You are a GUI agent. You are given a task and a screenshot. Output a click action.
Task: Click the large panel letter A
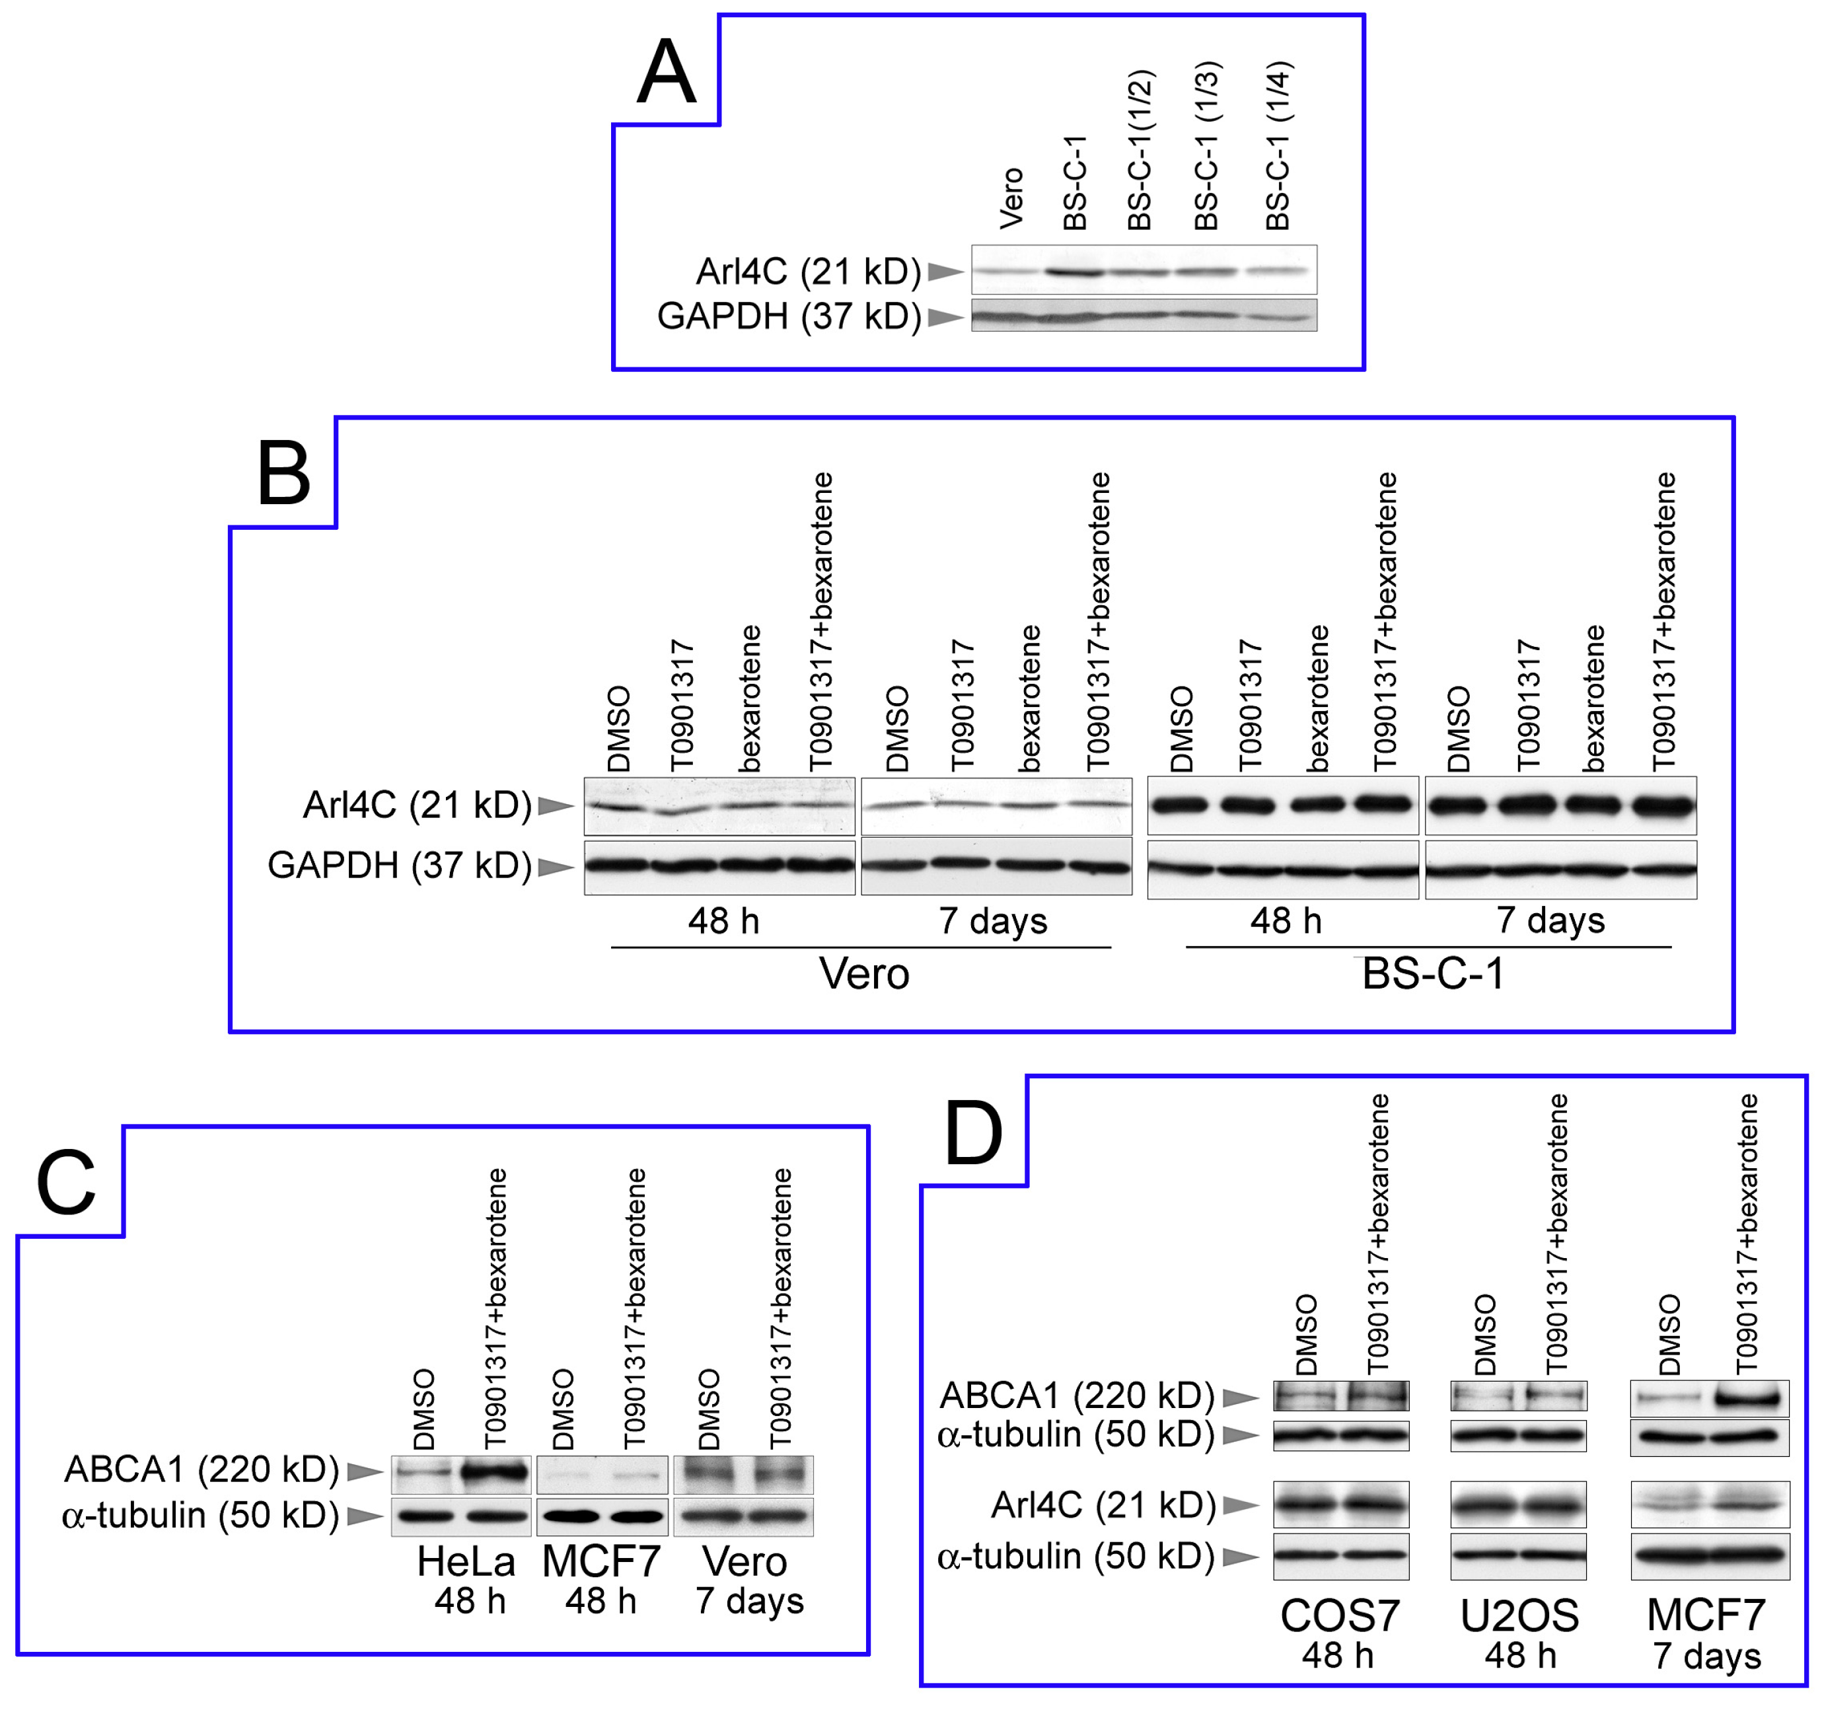click(667, 73)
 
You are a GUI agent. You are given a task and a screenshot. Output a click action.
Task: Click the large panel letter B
click(284, 474)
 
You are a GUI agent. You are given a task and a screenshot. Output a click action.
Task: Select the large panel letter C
click(66, 1183)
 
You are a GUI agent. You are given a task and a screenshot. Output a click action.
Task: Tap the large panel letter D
click(973, 1134)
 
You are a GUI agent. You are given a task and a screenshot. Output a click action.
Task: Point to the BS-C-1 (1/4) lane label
click(1278, 147)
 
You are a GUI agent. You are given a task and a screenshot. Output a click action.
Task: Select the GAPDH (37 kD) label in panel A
click(788, 316)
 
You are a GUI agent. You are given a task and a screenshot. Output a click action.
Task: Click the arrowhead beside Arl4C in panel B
click(556, 806)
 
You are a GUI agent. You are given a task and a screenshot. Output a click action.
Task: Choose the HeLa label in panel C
click(466, 1561)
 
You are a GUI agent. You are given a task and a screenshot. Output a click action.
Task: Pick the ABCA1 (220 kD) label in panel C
click(201, 1469)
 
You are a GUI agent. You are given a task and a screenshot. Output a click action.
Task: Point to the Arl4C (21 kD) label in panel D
click(1103, 1505)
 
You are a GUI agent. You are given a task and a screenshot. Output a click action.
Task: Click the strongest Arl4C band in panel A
click(1074, 272)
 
